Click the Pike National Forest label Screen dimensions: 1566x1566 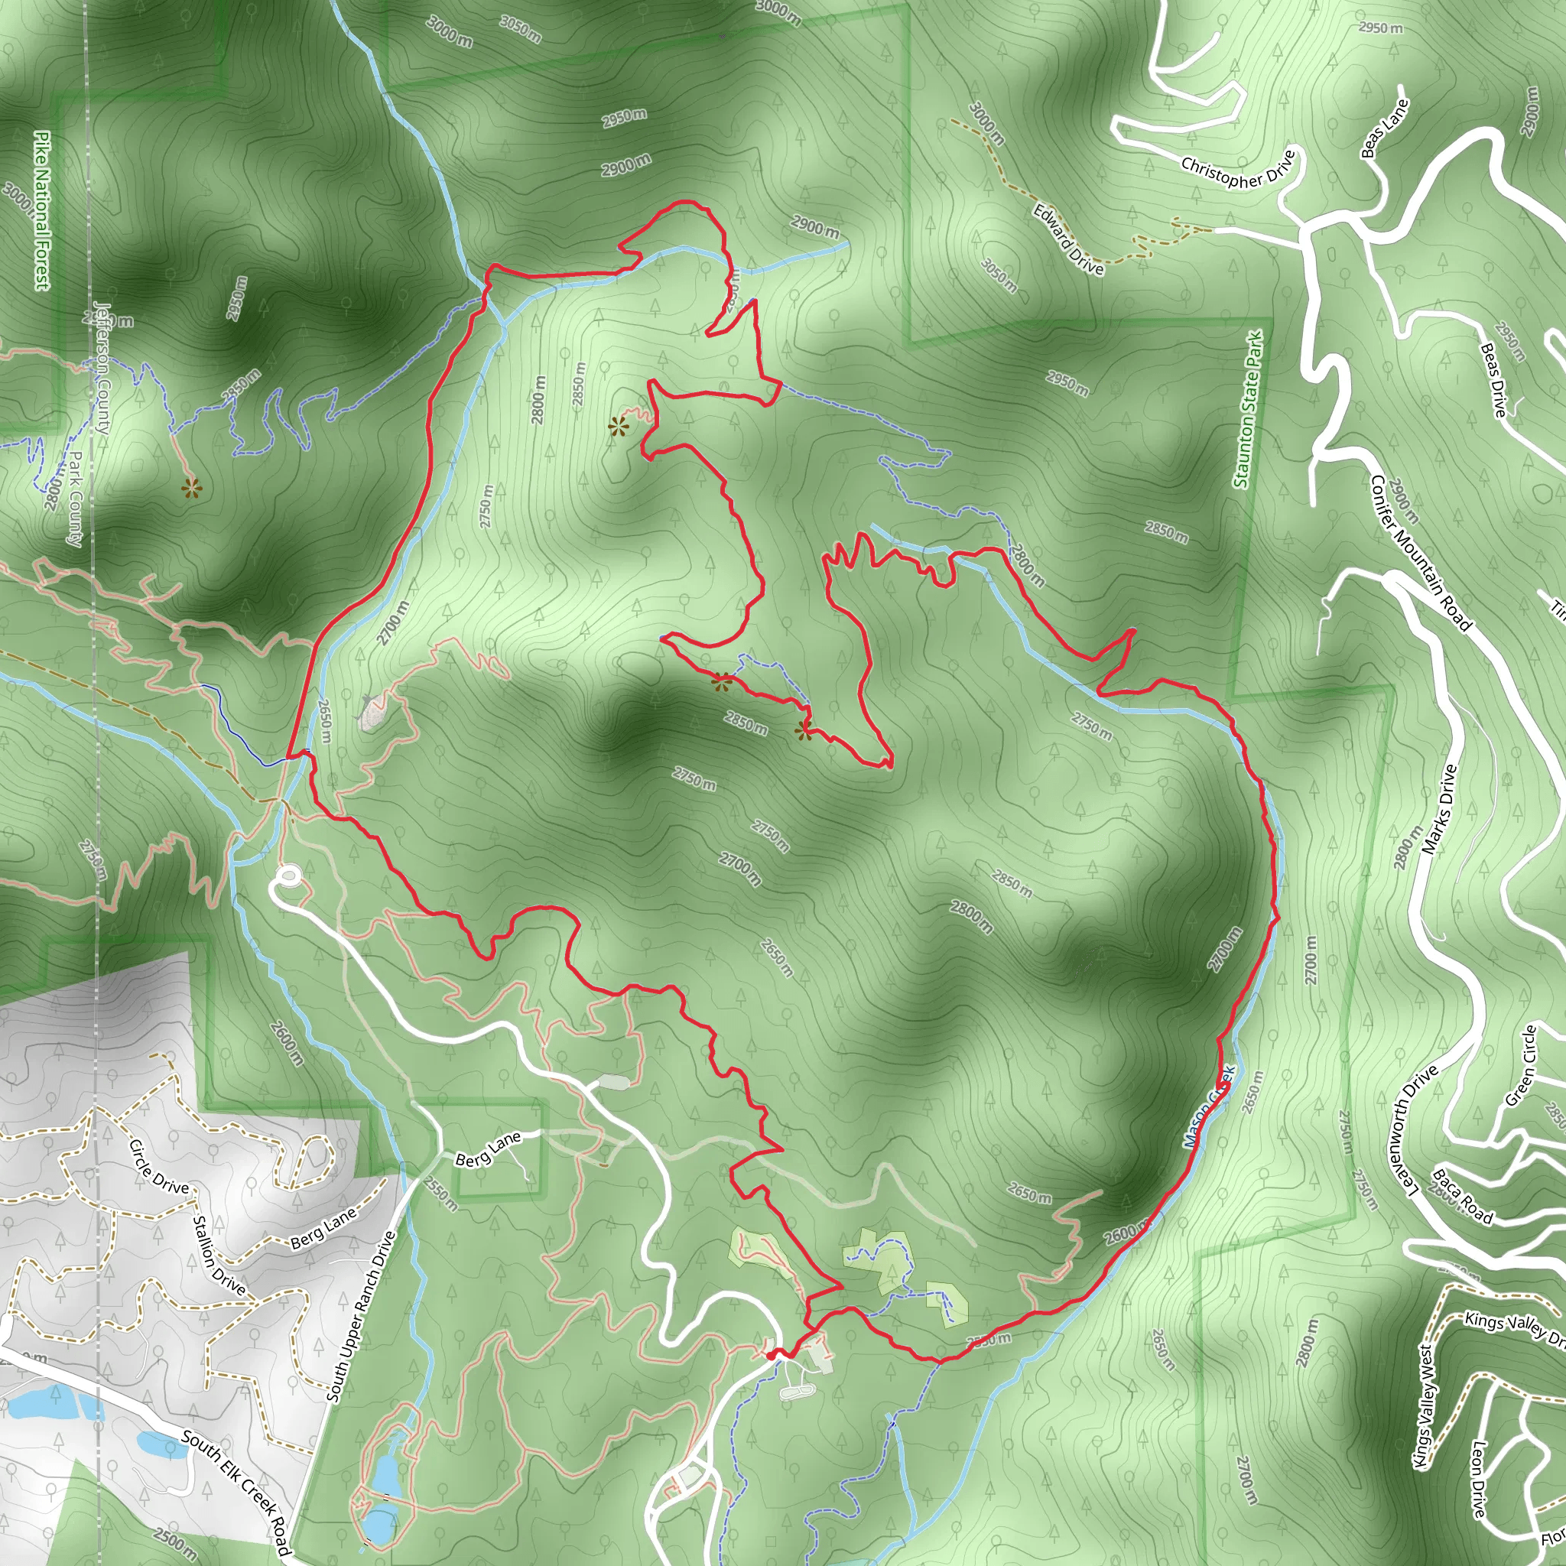41,210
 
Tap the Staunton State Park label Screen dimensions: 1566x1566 1248,409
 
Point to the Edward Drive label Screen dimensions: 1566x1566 1067,239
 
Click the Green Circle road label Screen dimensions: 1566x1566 1522,1066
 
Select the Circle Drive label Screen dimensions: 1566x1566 159,1167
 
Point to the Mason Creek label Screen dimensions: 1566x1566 1207,1106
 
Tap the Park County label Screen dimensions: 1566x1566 75,499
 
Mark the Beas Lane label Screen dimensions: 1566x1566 1386,128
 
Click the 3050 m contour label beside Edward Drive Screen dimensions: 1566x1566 999,275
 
